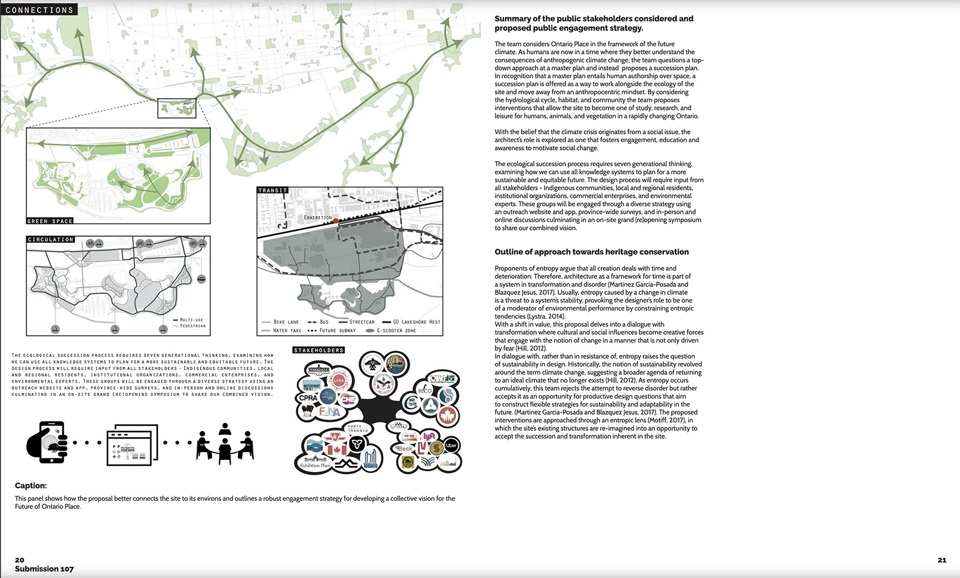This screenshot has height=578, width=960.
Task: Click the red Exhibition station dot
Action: click(x=336, y=221)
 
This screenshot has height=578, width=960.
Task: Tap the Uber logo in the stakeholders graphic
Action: click(x=451, y=445)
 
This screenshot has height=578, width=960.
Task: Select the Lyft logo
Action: click(x=429, y=436)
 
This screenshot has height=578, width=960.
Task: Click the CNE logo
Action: click(x=348, y=399)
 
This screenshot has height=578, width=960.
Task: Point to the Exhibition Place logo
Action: click(x=315, y=463)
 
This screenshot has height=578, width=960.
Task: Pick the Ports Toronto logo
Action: click(x=358, y=429)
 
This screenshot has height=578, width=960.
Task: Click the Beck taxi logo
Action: click(x=405, y=449)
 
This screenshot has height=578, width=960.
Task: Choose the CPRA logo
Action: click(x=308, y=398)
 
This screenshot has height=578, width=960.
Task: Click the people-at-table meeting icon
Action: click(x=224, y=444)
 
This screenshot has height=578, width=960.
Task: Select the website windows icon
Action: click(x=132, y=444)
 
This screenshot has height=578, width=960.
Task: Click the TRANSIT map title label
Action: click(x=273, y=190)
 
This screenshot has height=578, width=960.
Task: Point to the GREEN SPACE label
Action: click(x=50, y=221)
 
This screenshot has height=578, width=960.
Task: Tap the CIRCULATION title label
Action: click(x=51, y=240)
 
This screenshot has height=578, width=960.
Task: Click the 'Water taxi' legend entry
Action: click(x=281, y=331)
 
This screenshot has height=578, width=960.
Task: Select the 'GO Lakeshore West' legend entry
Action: click(x=412, y=322)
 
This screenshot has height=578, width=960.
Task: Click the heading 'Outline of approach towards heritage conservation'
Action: click(x=592, y=252)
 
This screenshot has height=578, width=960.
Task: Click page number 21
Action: click(x=942, y=560)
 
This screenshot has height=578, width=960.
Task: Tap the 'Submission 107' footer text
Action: click(x=44, y=569)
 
